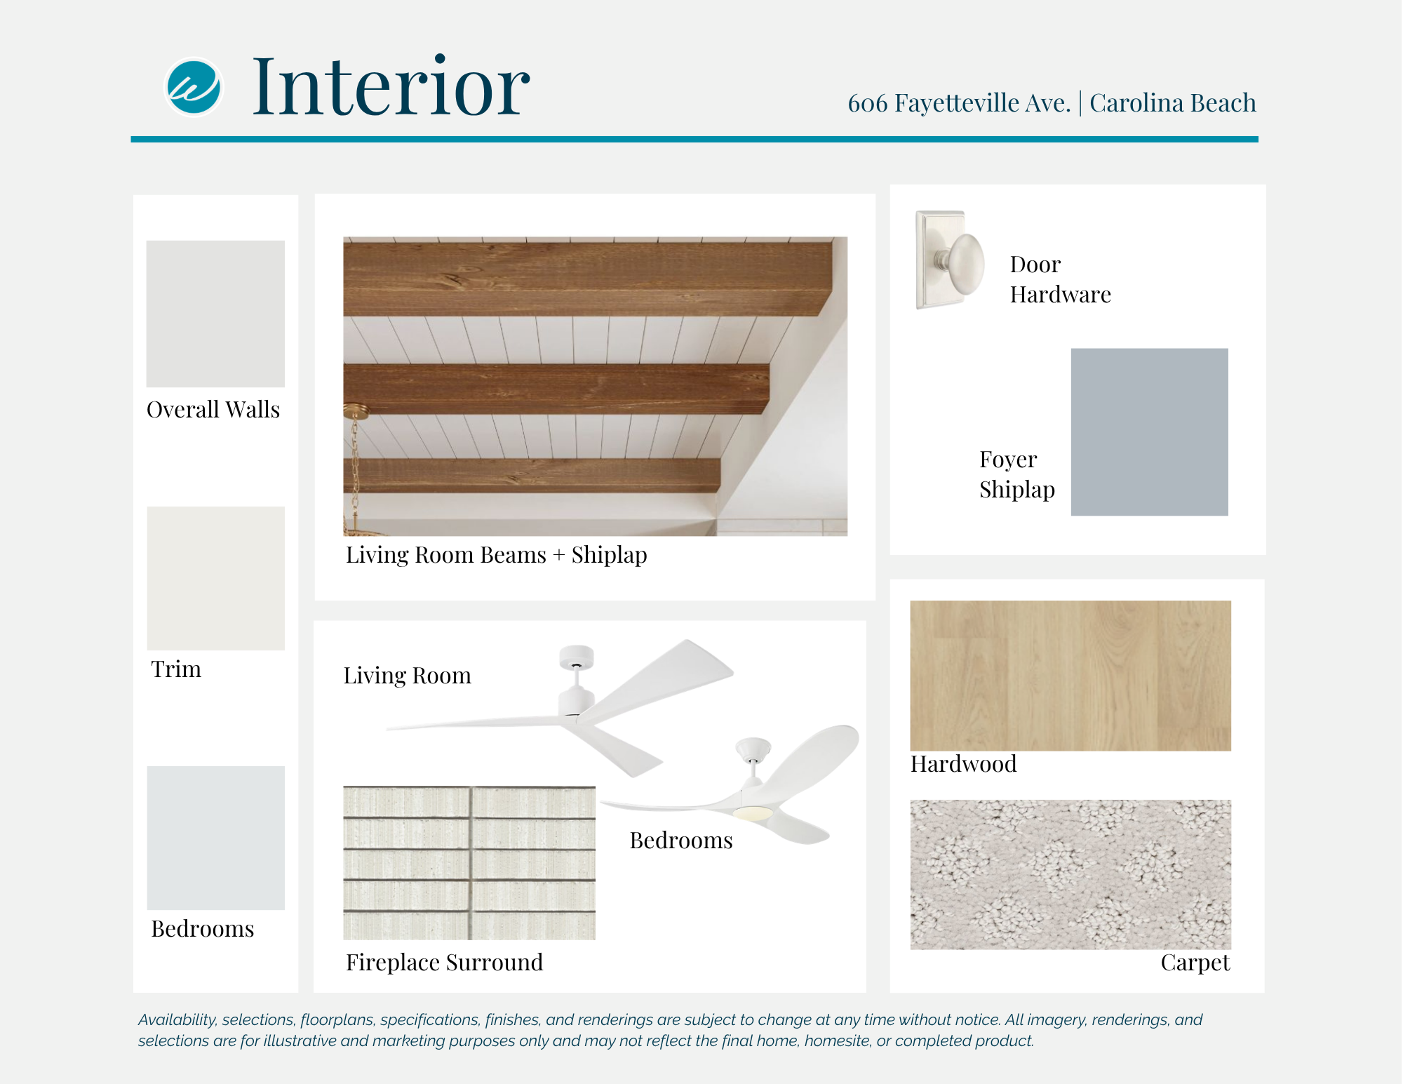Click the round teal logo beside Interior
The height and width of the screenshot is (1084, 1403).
tap(194, 87)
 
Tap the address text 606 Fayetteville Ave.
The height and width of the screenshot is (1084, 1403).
tap(959, 103)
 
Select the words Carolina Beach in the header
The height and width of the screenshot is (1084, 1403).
tap(1172, 103)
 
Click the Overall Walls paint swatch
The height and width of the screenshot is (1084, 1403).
tap(215, 314)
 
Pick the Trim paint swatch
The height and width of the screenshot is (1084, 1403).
tap(216, 578)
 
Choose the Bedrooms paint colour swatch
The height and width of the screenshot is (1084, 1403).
tap(216, 838)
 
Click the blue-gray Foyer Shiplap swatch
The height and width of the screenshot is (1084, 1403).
tap(1150, 432)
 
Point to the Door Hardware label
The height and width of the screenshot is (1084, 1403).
tap(1060, 279)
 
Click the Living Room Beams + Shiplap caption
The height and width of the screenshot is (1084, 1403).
tap(497, 555)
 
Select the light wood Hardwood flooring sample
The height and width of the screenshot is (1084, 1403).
tap(1070, 676)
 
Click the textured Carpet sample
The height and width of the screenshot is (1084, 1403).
tap(1070, 875)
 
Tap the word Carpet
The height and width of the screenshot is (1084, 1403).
tap(1195, 963)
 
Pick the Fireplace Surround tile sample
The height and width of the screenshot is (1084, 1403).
tap(469, 863)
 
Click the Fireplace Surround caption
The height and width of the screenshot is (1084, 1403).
tap(445, 963)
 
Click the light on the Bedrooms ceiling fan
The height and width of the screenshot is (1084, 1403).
tap(753, 812)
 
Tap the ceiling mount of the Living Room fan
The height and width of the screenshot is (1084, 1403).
tap(577, 657)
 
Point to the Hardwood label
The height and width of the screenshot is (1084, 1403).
tap(964, 764)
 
